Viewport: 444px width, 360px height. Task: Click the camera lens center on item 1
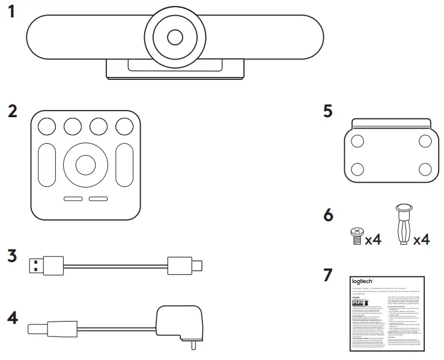point(175,37)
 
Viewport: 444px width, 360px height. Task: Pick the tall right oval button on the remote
point(124,165)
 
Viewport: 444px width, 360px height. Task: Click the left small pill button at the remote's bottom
point(73,200)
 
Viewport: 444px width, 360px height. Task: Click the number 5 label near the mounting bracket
point(328,112)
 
